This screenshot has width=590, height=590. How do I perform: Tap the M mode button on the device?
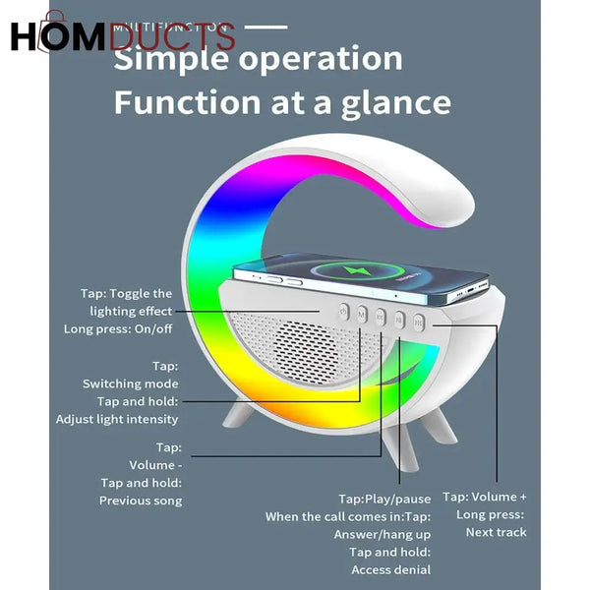pyautogui.click(x=362, y=315)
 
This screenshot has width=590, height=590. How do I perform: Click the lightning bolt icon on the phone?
pyautogui.click(x=380, y=270)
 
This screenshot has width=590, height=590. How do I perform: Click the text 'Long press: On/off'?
pyautogui.click(x=118, y=328)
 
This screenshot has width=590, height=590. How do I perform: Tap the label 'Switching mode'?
pyautogui.click(x=131, y=383)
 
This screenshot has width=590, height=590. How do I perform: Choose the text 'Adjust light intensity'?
pyautogui.click(x=117, y=419)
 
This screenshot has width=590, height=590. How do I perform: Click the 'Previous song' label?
pyautogui.click(x=141, y=501)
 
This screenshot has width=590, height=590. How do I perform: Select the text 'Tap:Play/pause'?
pyautogui.click(x=385, y=500)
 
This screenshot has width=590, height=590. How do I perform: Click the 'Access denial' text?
pyautogui.click(x=391, y=569)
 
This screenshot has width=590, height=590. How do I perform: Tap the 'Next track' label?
pyautogui.click(x=497, y=532)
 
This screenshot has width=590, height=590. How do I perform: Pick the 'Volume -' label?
pyautogui.click(x=155, y=465)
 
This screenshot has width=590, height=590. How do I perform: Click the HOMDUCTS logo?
pyautogui.click(x=122, y=36)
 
